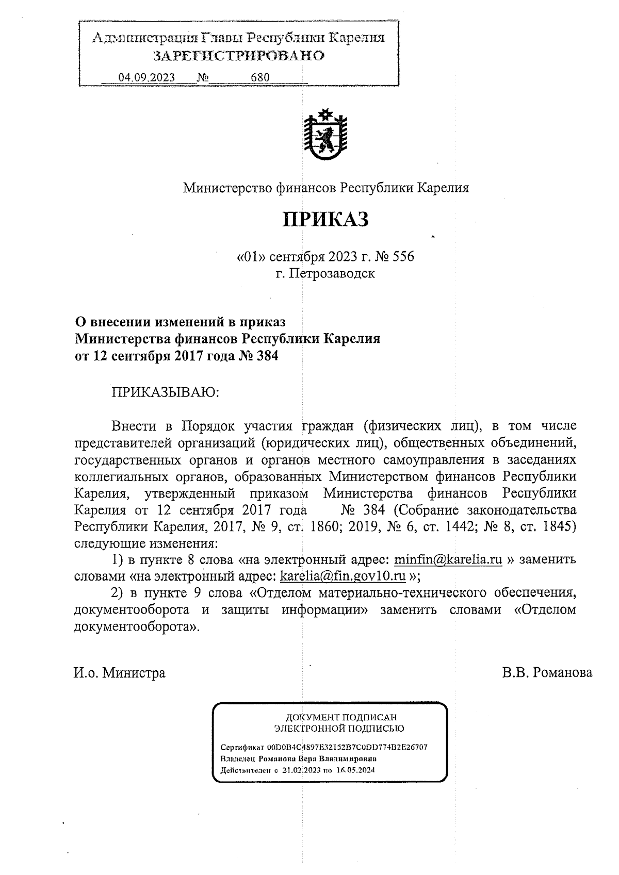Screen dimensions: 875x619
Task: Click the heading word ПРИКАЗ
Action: coord(325,220)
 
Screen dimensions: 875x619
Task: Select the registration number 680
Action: coord(260,77)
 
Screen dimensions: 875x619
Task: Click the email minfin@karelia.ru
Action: coord(448,559)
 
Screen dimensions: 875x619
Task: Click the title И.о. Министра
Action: coord(120,673)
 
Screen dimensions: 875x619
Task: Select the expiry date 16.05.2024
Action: coord(355,770)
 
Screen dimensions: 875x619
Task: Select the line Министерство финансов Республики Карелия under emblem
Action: coord(326,188)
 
